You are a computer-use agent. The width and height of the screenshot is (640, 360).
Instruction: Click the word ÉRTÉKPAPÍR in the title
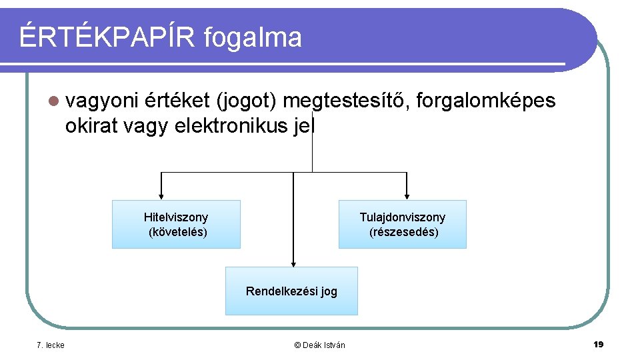click(107, 37)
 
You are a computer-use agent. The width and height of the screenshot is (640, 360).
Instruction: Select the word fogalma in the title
click(253, 38)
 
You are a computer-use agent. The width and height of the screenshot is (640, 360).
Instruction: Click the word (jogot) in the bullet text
click(246, 101)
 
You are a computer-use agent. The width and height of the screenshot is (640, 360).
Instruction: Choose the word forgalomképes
click(485, 101)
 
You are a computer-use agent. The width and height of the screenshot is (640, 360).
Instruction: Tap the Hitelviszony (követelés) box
click(176, 224)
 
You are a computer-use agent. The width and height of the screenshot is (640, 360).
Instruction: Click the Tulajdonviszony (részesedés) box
click(402, 224)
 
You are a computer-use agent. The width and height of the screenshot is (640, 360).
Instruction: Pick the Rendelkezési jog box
click(291, 291)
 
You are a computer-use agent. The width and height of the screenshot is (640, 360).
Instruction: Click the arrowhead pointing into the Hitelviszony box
click(161, 195)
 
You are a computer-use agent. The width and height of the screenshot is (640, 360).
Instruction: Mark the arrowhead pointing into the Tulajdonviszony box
click(406, 195)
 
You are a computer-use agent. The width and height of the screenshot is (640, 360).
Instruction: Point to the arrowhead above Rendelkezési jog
click(292, 262)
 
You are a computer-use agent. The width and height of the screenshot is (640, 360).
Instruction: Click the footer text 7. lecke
click(51, 345)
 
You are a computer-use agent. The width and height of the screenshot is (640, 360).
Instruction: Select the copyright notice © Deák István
click(319, 345)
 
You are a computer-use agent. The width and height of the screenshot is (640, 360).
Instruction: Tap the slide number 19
click(597, 344)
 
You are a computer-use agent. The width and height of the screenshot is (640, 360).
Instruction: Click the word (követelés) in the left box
click(177, 232)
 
